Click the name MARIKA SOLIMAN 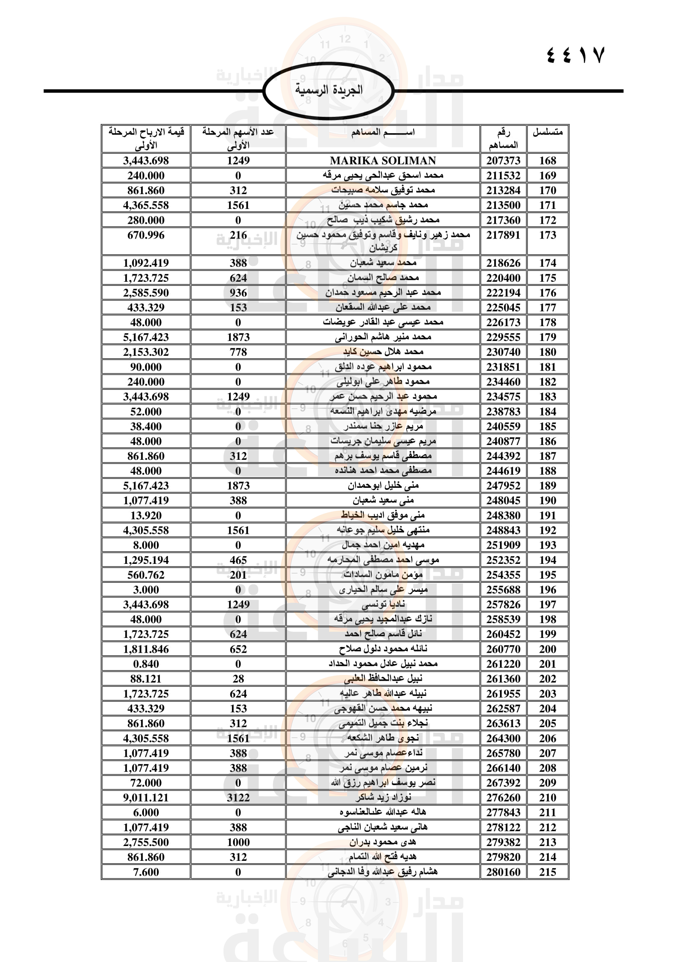click(x=383, y=160)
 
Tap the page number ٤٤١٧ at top click(x=576, y=55)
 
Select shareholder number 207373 click(x=503, y=160)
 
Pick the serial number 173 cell click(x=547, y=235)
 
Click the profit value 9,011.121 click(x=146, y=797)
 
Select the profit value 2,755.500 click(x=146, y=842)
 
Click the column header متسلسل click(x=547, y=132)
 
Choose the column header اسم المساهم click(x=383, y=132)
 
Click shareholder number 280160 click(x=503, y=872)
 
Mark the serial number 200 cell click(x=547, y=649)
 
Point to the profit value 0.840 click(x=146, y=664)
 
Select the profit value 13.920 click(x=146, y=515)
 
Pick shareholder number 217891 click(x=503, y=235)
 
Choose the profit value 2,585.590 click(x=146, y=292)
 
